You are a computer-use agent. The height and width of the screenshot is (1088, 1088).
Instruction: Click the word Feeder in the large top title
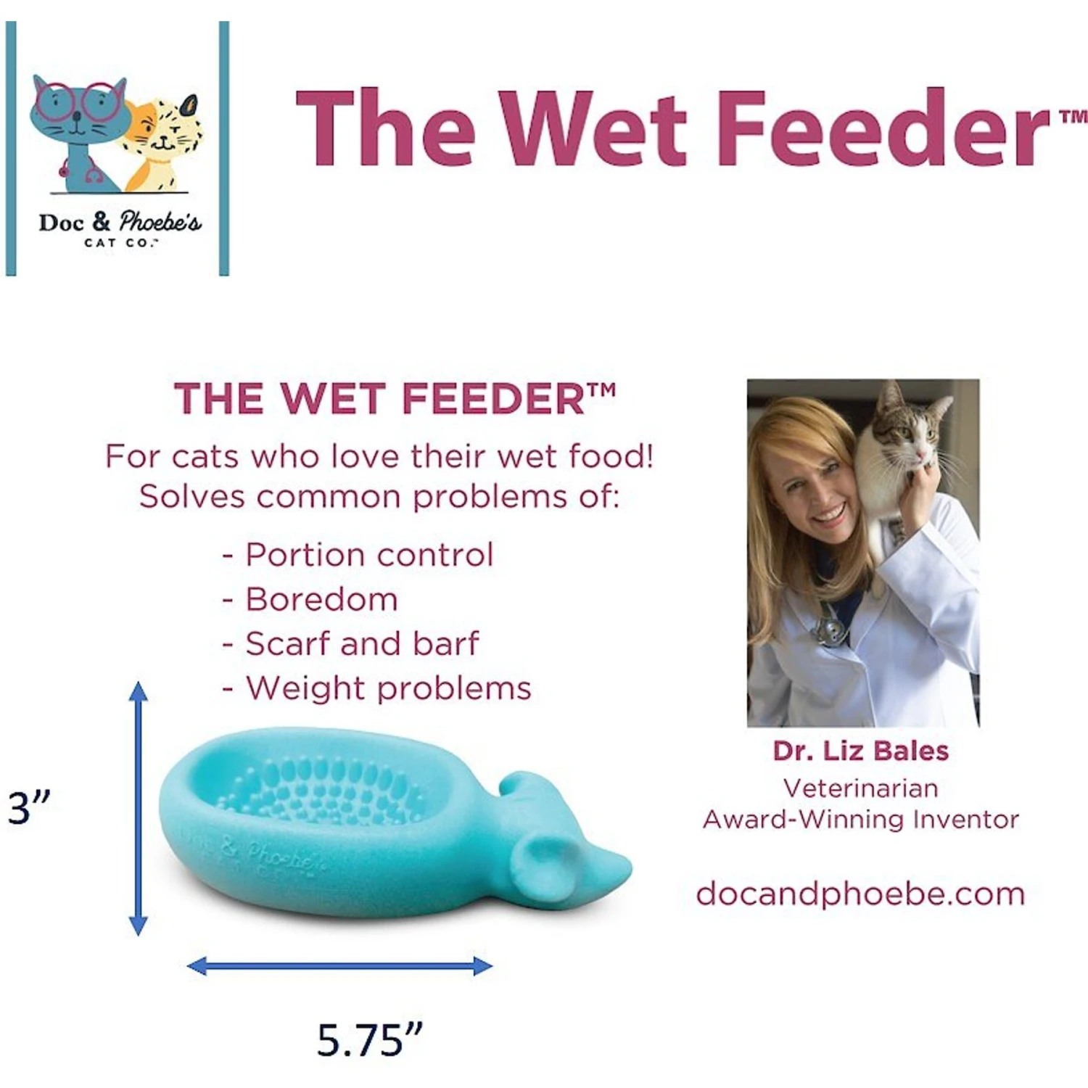coord(881,129)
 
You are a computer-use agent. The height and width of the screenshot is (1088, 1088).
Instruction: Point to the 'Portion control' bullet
coord(368,555)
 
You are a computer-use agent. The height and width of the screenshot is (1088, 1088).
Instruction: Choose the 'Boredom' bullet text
coord(321,600)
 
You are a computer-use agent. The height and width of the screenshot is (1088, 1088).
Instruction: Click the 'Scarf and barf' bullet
coord(361,644)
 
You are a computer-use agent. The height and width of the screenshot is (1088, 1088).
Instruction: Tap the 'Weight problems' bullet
coord(388,688)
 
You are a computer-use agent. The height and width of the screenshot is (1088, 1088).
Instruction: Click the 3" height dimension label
coord(29,807)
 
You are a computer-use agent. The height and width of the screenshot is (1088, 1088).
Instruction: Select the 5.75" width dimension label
coord(369,1040)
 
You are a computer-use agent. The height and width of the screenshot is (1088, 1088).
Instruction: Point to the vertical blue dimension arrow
coord(138,808)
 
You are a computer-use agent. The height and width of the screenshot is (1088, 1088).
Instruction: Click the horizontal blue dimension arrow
coord(339,965)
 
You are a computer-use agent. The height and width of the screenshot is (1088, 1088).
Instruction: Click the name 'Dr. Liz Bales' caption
coord(860,751)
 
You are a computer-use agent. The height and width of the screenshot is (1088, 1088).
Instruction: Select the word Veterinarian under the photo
coord(860,788)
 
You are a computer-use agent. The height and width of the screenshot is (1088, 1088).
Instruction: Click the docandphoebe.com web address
coord(860,894)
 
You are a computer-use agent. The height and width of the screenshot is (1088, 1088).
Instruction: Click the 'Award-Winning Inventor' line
coord(860,820)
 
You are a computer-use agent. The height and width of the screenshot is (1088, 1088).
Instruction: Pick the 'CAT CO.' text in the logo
coord(120,243)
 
